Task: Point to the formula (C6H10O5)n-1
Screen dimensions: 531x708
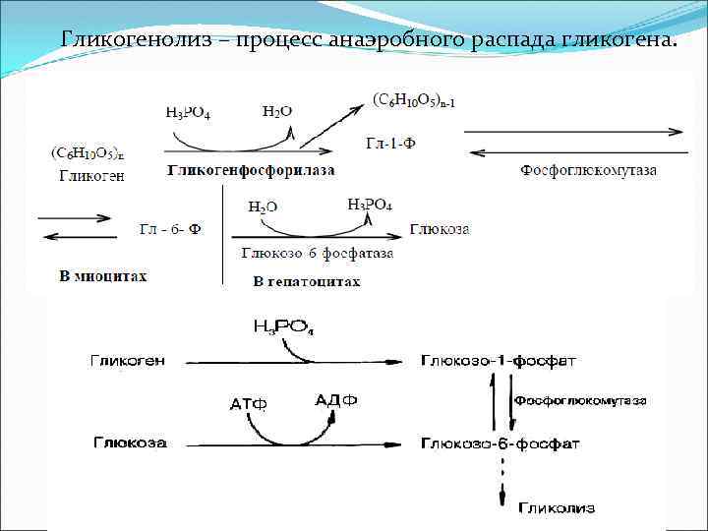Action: (x=414, y=100)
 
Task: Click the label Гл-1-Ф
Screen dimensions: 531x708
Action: (x=391, y=144)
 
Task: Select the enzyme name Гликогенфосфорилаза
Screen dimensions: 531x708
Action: (x=251, y=170)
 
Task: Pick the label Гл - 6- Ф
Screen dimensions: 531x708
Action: (x=171, y=229)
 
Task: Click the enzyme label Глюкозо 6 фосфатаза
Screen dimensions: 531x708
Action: (x=317, y=253)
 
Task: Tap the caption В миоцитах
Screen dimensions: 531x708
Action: (x=103, y=276)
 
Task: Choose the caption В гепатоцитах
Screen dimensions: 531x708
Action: (x=307, y=282)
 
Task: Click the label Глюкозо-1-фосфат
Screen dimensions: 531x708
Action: (x=500, y=361)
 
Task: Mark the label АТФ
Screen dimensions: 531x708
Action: (x=248, y=404)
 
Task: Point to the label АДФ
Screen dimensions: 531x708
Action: (x=335, y=400)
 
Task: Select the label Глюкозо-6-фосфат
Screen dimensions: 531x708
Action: (x=501, y=443)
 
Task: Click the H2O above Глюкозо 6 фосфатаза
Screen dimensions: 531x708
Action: (x=263, y=207)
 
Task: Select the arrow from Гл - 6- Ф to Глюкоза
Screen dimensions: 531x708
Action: (x=315, y=237)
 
